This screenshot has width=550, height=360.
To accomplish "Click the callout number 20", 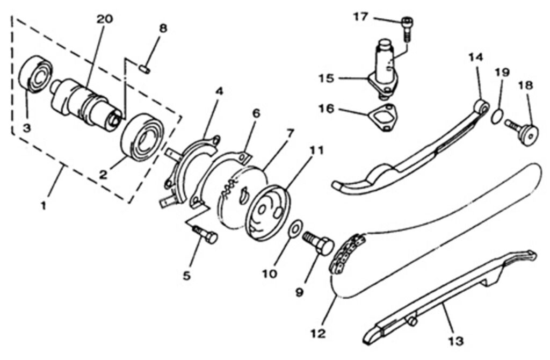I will (x=105, y=19).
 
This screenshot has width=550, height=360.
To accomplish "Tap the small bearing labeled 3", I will (x=35, y=74).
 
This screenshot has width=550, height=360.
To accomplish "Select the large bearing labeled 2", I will (x=143, y=136).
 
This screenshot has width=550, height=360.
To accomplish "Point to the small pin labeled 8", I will (x=144, y=68).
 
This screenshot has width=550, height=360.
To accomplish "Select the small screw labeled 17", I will (x=407, y=28).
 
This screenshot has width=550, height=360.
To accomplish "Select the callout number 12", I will (x=319, y=334).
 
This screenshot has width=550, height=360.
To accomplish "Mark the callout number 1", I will (x=46, y=205).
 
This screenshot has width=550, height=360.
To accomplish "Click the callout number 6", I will (x=256, y=113).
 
